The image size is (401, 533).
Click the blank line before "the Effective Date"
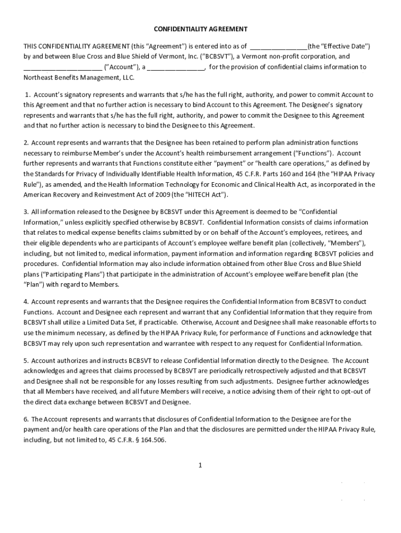pyautogui.click(x=279, y=46)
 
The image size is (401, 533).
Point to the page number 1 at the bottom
pyautogui.click(x=200, y=465)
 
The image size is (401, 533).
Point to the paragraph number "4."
pyautogui.click(x=26, y=302)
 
